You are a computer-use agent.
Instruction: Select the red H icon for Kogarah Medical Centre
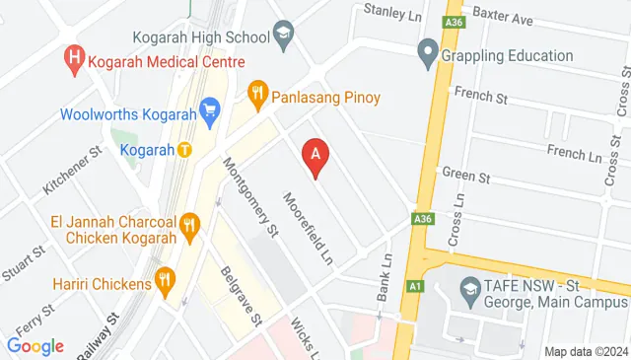tap(74, 58)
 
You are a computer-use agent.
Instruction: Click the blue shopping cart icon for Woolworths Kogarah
tap(208, 111)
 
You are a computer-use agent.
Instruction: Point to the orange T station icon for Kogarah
tap(184, 150)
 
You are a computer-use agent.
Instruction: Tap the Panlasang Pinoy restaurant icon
tap(258, 97)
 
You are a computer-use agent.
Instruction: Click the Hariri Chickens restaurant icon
tap(165, 284)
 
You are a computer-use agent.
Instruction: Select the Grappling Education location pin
tap(428, 54)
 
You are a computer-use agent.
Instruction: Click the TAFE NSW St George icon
tap(469, 291)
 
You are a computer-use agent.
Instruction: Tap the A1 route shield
tap(415, 286)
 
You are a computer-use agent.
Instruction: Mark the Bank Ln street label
tap(385, 275)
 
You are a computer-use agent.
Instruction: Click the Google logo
tap(35, 345)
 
